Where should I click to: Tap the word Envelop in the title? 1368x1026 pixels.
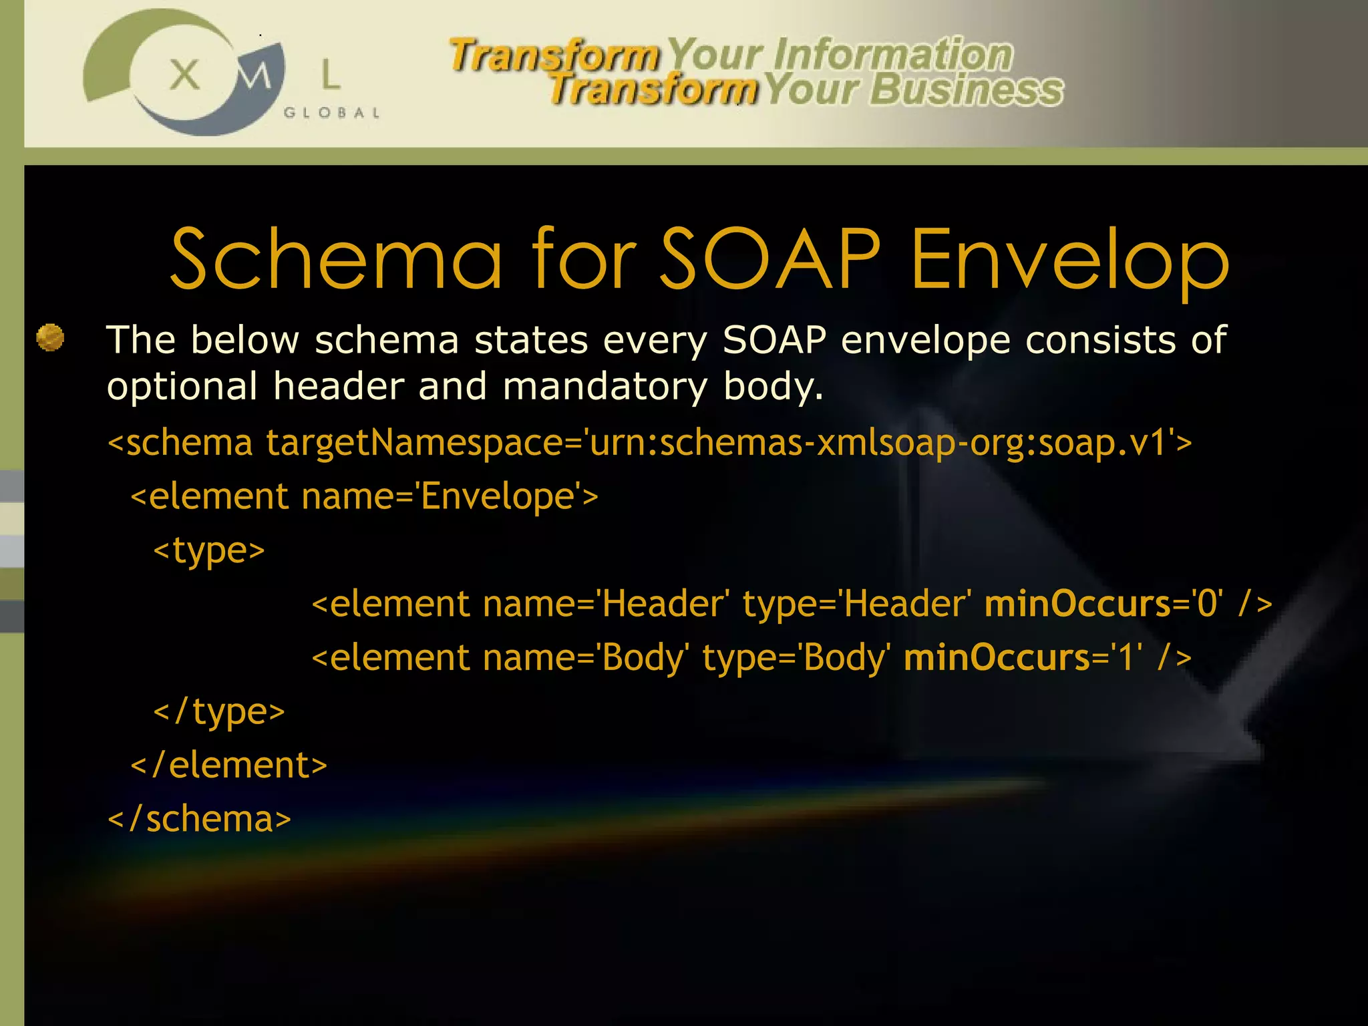pyautogui.click(x=1069, y=261)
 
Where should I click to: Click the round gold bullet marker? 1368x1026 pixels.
pyautogui.click(x=50, y=337)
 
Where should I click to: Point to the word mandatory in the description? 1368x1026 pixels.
pyautogui.click(x=605, y=387)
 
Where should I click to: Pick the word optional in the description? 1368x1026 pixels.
pyautogui.click(x=182, y=387)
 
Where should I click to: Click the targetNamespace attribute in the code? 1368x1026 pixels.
pyautogui.click(x=414, y=443)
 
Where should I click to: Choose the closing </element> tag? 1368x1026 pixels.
pyautogui.click(x=229, y=765)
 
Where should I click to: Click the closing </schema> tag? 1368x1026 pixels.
pyautogui.click(x=199, y=820)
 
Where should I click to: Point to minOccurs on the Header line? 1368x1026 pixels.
pyautogui.click(x=1077, y=605)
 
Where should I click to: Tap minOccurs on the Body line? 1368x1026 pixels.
pyautogui.click(x=997, y=658)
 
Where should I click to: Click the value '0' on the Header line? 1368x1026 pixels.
pyautogui.click(x=1209, y=605)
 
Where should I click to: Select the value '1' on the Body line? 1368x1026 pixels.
pyautogui.click(x=1128, y=658)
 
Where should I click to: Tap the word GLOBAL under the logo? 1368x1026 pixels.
pyautogui.click(x=332, y=113)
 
